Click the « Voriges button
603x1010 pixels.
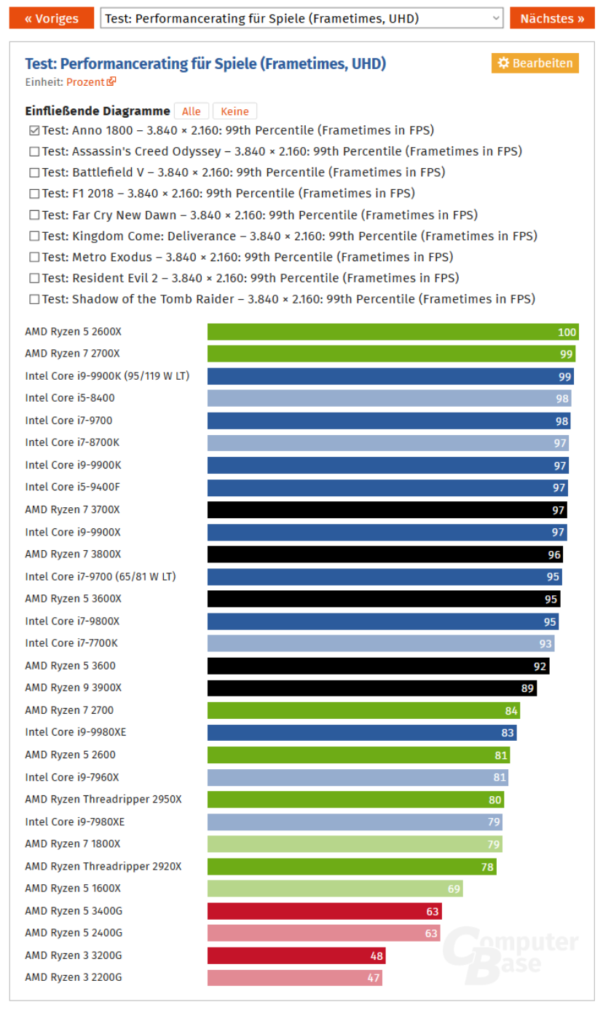pyautogui.click(x=52, y=18)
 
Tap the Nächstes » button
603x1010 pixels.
pyautogui.click(x=552, y=18)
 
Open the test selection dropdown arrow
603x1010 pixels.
pyautogui.click(x=496, y=18)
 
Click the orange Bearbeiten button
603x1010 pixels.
pyautogui.click(x=535, y=63)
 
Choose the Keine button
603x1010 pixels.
pyautogui.click(x=234, y=111)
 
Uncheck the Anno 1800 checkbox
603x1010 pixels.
pyautogui.click(x=34, y=131)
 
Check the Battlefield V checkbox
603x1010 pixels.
pyautogui.click(x=34, y=173)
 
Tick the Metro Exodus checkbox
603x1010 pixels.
pyautogui.click(x=34, y=258)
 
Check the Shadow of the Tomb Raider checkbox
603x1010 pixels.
pyautogui.click(x=34, y=300)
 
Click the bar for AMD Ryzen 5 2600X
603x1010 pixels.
pyautogui.click(x=393, y=332)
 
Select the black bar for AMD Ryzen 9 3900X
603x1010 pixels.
pyautogui.click(x=371, y=688)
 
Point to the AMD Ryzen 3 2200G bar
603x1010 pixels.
pyautogui.click(x=294, y=978)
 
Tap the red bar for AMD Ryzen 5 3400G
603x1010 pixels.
pyautogui.click(x=324, y=911)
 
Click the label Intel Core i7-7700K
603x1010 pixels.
pyautogui.click(x=71, y=643)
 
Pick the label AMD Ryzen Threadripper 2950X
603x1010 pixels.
pyautogui.click(x=103, y=800)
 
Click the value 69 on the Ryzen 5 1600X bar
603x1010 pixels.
pyautogui.click(x=454, y=888)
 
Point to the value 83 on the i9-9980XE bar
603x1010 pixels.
pyautogui.click(x=507, y=733)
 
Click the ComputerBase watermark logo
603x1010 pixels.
pyautogui.click(x=510, y=953)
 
